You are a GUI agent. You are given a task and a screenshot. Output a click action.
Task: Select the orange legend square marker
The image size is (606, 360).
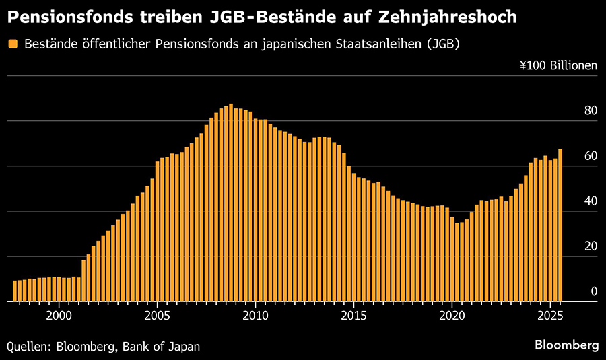[x=13, y=44]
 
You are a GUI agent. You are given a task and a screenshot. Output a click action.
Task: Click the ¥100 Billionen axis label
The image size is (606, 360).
[x=558, y=66]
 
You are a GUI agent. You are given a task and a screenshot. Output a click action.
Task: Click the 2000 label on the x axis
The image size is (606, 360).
[x=59, y=316]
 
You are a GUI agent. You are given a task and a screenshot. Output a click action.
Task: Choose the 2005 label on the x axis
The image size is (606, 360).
[x=157, y=316]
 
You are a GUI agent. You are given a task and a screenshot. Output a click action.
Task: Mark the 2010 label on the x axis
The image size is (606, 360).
[x=255, y=316]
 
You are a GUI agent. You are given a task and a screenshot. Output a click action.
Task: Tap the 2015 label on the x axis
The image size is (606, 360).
[x=353, y=316]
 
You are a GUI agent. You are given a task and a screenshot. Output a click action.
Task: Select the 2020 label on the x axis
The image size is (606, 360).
[x=452, y=316]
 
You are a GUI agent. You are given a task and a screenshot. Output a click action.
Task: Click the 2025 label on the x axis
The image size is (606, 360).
[x=550, y=316]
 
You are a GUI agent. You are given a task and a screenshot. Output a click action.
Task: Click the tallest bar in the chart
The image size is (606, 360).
[x=231, y=202]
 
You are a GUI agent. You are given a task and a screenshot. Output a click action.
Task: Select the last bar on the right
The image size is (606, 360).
[x=560, y=225]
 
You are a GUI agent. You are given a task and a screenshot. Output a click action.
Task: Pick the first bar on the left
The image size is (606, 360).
[x=15, y=291]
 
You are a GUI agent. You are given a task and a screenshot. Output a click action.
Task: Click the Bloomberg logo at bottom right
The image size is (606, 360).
[x=566, y=345]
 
